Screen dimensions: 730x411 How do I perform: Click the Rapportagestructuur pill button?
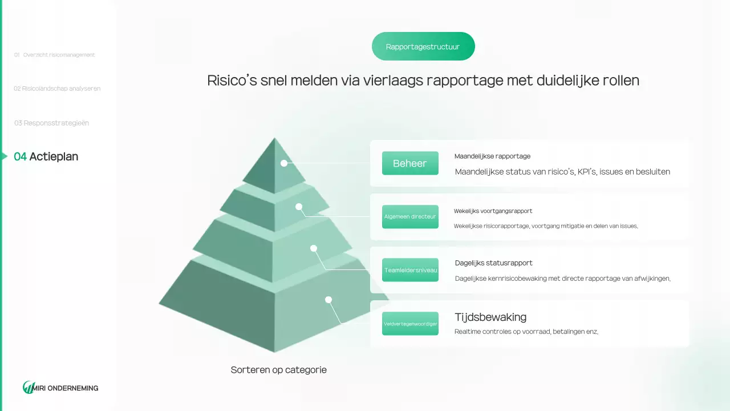coord(423,46)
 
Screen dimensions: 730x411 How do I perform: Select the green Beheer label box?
coord(410,163)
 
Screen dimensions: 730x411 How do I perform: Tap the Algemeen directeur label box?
coord(410,216)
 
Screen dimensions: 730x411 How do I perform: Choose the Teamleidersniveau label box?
coord(410,270)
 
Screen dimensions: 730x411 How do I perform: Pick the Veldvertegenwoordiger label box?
coord(410,324)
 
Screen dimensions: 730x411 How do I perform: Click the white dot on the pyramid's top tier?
coord(284,163)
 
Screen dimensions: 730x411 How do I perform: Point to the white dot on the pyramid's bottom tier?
coord(328,300)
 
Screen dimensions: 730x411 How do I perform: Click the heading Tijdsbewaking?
coord(490,317)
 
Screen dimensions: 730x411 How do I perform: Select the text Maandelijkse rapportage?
coord(492,156)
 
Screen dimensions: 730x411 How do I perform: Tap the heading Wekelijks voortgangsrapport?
coord(493,211)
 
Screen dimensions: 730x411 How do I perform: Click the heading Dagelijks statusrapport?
coord(493,263)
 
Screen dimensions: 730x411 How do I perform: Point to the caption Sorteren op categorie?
coord(279,370)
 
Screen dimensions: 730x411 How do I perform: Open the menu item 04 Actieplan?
coord(46,156)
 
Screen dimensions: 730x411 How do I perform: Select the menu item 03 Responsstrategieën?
coord(51,123)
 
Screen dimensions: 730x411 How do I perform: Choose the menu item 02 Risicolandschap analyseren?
coord(57,88)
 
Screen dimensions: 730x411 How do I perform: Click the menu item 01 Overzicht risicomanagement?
coord(54,55)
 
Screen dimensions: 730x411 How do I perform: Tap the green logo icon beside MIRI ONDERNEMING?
coord(28,388)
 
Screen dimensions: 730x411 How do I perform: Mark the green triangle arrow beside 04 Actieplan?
coord(5,156)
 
